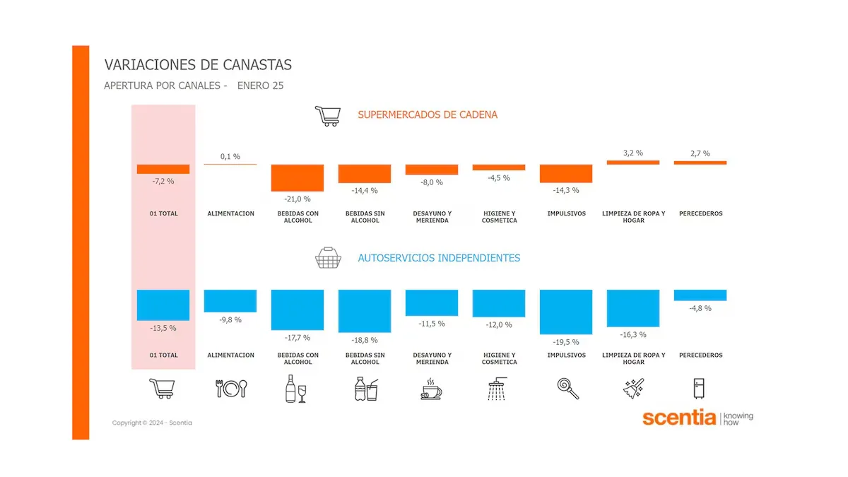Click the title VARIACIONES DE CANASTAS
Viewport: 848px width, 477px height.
pos(198,65)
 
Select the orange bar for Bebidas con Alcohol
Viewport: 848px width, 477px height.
pos(298,177)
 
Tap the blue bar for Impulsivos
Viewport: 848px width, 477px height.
pos(566,311)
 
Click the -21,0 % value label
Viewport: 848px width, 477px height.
pos(298,199)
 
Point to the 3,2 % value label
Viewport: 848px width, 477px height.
pos(633,153)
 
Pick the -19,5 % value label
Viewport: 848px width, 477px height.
pos(566,342)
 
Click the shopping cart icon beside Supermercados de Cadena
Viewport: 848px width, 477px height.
pos(327,115)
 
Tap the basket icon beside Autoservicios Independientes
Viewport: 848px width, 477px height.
pos(327,259)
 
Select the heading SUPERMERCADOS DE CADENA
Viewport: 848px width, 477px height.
pos(428,114)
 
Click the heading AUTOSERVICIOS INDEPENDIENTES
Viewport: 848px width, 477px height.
pos(439,258)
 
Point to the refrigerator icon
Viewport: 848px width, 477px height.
pos(700,389)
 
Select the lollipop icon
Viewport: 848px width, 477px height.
pos(566,389)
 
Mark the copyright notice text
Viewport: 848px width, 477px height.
pos(152,423)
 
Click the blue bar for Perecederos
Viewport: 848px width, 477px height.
pos(700,295)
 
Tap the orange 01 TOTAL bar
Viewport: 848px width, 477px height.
pos(163,169)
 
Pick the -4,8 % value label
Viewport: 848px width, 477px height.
pos(700,308)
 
